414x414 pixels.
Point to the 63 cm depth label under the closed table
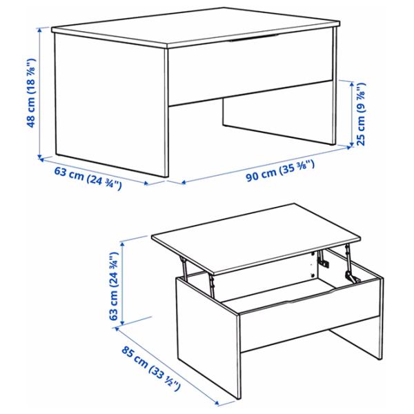click(x=88, y=179)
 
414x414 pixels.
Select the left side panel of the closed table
click(x=110, y=103)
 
